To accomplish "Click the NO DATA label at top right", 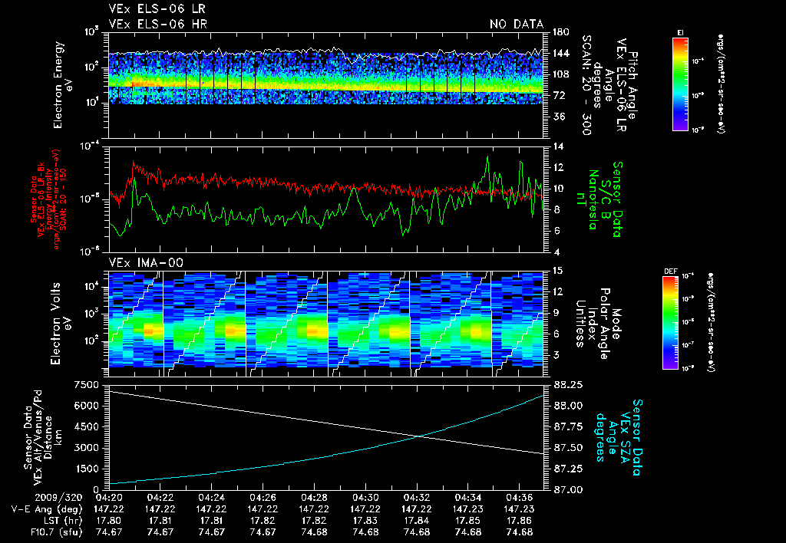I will [516, 25].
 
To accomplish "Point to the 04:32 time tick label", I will [416, 497].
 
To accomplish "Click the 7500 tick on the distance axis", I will [90, 383].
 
